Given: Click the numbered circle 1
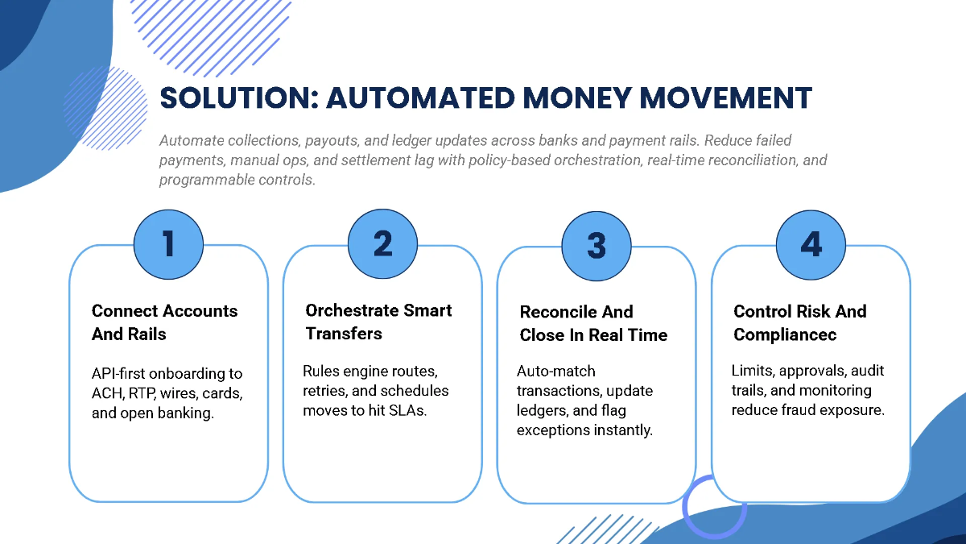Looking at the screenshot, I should click(x=168, y=244).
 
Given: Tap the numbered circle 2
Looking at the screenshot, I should click(x=382, y=244).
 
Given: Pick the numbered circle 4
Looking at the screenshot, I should click(x=811, y=244).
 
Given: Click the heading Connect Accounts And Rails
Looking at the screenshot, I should click(x=164, y=322).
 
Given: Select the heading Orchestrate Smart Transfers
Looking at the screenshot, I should click(x=378, y=322).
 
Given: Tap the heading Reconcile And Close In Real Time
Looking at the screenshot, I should click(x=593, y=323).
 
